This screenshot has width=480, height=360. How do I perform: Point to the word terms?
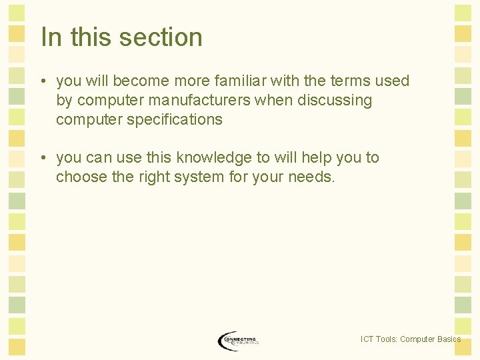click(351, 81)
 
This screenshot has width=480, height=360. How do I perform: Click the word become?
click(141, 81)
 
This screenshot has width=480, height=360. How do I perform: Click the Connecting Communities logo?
click(237, 341)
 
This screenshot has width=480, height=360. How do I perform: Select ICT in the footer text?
click(367, 339)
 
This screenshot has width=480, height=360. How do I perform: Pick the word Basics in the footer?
click(449, 339)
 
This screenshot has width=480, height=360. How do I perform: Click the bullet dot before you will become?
click(43, 82)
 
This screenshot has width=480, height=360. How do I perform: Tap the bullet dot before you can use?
click(43, 159)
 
